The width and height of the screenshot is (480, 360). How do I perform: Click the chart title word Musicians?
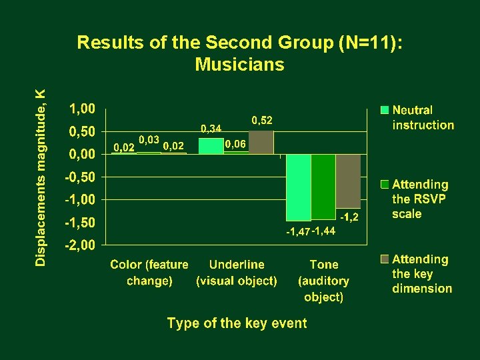(239, 65)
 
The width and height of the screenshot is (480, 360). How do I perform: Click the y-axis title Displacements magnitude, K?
(41, 177)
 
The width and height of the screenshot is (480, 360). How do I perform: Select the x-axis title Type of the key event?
(237, 323)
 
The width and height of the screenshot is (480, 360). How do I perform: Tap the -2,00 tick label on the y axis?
(80, 245)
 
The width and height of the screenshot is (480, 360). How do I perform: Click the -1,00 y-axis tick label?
(80, 199)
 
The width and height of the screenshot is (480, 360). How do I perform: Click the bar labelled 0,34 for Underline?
(211, 146)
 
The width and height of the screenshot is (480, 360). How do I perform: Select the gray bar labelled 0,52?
(261, 142)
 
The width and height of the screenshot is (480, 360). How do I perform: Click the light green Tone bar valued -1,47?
(299, 187)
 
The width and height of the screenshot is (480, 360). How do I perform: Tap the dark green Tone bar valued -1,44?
(323, 187)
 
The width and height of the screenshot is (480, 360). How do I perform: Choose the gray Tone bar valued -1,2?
(348, 181)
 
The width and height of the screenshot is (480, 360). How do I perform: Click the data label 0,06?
(235, 144)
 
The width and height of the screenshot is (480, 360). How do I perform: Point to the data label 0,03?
(148, 140)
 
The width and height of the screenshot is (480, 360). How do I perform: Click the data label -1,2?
(349, 217)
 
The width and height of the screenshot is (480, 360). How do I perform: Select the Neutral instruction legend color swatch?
(385, 110)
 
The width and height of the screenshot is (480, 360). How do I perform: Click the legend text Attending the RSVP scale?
(419, 199)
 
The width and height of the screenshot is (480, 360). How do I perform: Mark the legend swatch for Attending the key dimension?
(385, 259)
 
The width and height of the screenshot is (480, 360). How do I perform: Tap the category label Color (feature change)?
(149, 273)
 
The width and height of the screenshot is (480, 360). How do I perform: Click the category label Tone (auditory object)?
(323, 281)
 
